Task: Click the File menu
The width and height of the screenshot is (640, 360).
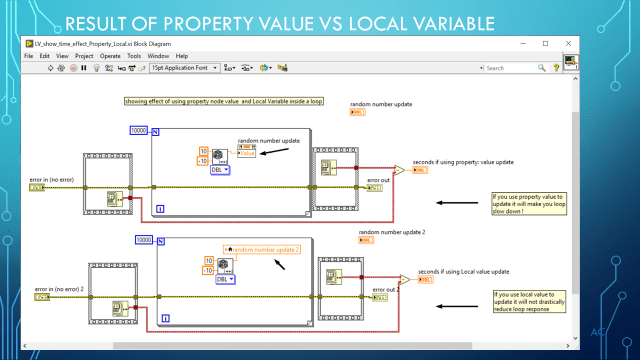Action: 29,56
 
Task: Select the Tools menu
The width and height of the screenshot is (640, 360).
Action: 134,56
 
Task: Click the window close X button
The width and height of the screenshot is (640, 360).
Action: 570,44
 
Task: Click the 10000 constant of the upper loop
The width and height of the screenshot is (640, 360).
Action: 140,131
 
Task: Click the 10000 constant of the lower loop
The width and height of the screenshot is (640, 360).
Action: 145,240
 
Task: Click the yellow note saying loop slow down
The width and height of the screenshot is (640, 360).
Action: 527,202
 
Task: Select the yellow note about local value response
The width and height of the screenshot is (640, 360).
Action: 527,300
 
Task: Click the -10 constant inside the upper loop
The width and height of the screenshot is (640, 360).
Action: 203,160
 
